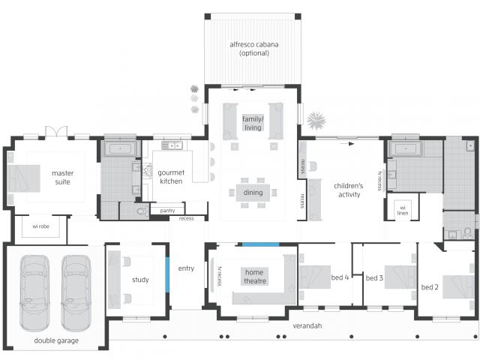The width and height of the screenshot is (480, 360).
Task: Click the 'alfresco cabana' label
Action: [x=254, y=45]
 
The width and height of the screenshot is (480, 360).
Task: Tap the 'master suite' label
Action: [x=62, y=178]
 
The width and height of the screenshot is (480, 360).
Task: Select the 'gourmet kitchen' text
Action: [x=171, y=177]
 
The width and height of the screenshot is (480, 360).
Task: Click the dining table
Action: [x=253, y=193]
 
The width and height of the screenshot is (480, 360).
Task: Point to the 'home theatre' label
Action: [x=255, y=277]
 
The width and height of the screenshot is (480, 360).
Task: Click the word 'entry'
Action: [x=186, y=268]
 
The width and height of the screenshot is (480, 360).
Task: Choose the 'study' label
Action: [x=140, y=280]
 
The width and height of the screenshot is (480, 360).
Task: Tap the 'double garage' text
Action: [x=56, y=340]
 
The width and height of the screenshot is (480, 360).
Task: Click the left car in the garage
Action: [x=34, y=293]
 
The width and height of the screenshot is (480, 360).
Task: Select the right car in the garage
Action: [x=76, y=293]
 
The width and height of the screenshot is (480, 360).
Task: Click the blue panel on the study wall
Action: [x=167, y=274]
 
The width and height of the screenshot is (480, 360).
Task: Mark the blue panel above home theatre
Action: [x=261, y=244]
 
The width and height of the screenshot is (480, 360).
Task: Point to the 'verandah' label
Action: [x=307, y=325]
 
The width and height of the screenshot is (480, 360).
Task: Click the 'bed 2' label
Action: [x=430, y=287]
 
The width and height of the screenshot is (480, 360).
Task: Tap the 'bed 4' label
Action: [x=340, y=277]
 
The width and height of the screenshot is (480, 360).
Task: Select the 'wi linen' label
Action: [x=403, y=210]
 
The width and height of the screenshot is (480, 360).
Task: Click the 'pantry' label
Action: [x=167, y=211]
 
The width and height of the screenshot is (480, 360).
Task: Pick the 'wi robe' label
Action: [x=41, y=226]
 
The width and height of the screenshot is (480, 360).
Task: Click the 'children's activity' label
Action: [x=349, y=190]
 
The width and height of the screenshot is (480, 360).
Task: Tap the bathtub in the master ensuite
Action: [x=120, y=148]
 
